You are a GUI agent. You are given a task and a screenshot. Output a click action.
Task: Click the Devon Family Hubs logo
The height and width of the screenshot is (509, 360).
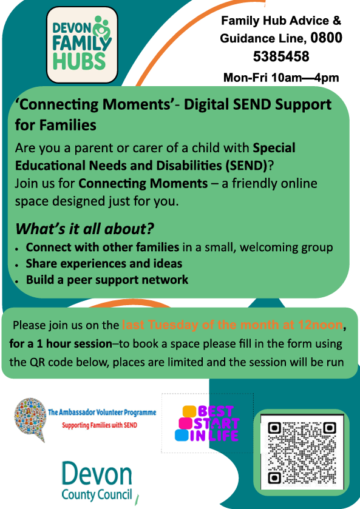coord(82,45)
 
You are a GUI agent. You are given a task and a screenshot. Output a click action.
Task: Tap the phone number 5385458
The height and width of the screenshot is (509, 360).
coord(281,56)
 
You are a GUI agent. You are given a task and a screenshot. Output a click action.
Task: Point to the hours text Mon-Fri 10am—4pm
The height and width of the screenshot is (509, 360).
coord(281,78)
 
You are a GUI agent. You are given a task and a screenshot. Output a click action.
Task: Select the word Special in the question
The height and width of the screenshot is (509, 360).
coord(274,148)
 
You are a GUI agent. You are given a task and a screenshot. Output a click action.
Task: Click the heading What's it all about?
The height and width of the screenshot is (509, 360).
coord(84,229)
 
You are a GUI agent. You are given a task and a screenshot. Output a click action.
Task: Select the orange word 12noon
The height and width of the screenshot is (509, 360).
coord(320,325)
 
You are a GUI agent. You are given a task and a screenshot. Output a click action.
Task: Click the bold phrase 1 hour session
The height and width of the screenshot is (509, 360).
coord(75,343)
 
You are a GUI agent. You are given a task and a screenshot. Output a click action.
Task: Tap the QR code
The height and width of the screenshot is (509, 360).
coord(302,452)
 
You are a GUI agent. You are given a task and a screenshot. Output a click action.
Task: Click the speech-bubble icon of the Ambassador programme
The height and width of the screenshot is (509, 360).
coord(30,419)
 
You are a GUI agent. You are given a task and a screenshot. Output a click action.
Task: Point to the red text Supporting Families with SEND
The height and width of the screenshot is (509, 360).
coord(100,425)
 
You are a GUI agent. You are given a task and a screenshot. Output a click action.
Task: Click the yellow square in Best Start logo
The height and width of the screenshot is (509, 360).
coord(189,411)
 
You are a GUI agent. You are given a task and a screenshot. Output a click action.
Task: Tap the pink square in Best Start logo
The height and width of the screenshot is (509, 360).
coord(186,423)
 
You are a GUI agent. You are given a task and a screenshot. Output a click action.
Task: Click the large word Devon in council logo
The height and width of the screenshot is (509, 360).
coord(97,474)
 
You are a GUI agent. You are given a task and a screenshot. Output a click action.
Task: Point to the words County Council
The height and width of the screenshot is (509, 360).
coord(97,494)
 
